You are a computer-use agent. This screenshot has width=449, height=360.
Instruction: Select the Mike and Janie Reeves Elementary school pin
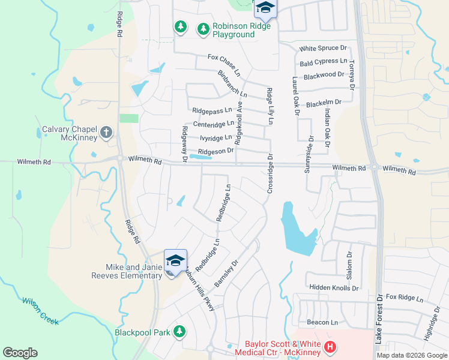tap(175, 260)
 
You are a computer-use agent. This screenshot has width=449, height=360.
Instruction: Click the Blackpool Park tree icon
tap(179, 331)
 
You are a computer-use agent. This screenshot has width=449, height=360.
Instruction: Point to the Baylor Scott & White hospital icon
tap(329, 347)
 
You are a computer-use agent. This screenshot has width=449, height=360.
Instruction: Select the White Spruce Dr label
tap(324, 48)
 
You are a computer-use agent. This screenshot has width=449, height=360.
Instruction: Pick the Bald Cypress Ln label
tap(324, 62)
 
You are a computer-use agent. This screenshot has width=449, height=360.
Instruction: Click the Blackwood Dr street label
tap(324, 76)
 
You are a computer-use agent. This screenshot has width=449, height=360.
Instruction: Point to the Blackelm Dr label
tap(323, 103)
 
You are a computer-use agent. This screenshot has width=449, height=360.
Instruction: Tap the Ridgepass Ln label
tap(211, 111)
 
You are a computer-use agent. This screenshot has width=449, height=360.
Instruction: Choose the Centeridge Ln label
tap(213, 124)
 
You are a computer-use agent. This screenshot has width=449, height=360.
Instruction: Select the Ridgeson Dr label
tap(215, 152)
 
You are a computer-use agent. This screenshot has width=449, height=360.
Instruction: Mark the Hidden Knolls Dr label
tap(334, 288)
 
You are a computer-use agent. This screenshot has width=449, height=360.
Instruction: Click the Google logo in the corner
tap(20, 353)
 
